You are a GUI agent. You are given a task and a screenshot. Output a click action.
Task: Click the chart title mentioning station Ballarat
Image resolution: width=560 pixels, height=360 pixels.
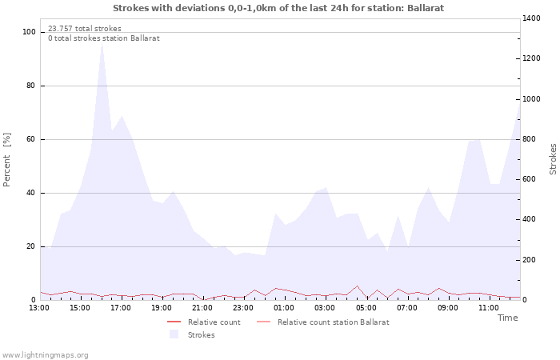pos(278,8)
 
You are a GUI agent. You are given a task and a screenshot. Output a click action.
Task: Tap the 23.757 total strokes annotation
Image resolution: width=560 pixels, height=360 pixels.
pos(85,29)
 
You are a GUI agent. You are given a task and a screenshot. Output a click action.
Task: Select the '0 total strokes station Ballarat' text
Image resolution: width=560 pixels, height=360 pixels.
pos(104,38)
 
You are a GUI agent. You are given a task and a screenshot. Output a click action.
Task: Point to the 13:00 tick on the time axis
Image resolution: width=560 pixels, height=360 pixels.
pos(39,307)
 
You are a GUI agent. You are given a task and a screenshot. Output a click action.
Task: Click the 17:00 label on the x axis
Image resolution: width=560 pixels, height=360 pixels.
pos(121,307)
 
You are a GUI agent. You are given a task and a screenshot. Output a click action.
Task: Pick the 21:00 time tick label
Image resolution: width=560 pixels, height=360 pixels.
pos(202,307)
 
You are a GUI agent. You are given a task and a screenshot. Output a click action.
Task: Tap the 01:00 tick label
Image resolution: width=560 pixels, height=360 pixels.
pos(284,307)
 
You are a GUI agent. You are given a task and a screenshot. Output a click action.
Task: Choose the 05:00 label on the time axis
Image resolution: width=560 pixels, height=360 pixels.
pos(366,307)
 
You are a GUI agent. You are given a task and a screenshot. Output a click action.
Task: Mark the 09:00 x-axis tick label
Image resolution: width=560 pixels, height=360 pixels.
pos(448,307)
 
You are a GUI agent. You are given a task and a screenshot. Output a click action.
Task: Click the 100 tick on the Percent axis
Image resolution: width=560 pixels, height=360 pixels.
pos(30,32)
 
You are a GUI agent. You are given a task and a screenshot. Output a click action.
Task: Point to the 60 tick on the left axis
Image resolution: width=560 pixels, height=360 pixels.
pos(31,139)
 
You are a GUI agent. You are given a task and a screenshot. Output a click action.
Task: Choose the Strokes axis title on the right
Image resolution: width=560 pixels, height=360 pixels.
pos(553,158)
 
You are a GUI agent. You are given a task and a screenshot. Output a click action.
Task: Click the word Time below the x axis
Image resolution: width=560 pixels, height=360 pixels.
pos(507,318)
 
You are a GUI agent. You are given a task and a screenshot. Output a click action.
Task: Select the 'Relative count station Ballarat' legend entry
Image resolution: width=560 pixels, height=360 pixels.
pos(333,322)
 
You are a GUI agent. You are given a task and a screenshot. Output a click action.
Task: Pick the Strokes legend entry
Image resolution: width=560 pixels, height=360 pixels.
pos(201,335)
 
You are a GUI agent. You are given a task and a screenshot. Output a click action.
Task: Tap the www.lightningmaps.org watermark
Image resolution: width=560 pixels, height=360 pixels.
pos(45,355)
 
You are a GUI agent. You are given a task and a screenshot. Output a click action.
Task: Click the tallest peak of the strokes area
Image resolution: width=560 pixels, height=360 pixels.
pos(102,43)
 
